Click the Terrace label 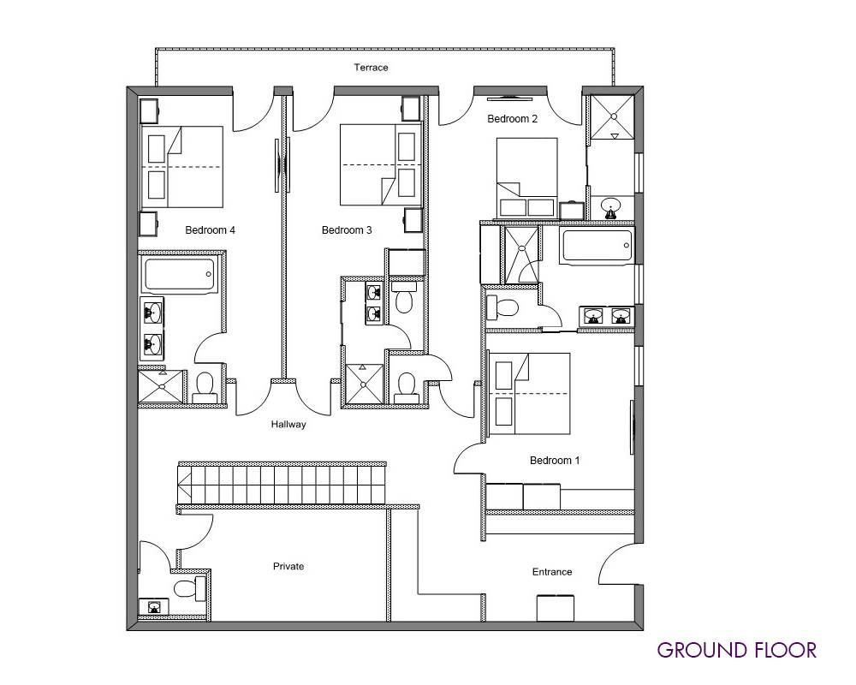coord(371,68)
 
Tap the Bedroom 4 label coord(211,230)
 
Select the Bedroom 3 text coord(347,230)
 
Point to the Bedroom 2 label coord(513,118)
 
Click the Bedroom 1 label coord(555,461)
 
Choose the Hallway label coord(288,425)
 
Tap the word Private coord(288,567)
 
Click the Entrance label coord(552,572)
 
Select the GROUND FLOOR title coord(737,650)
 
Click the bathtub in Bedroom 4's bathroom coord(179,275)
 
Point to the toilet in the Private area coord(189,588)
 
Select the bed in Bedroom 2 coord(526,177)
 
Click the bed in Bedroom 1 coord(530,393)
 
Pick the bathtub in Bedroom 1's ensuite coord(597,247)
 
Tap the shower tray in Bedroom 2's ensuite coord(613,117)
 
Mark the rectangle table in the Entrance coord(556,608)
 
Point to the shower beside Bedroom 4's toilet coord(161,387)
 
